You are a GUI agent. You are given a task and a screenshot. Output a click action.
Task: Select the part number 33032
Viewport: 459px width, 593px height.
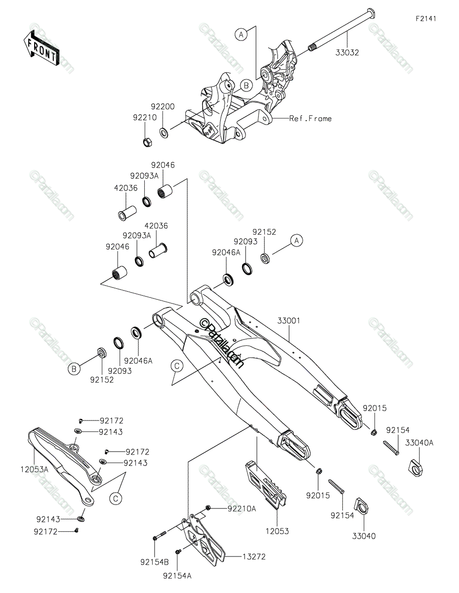coord(348,52)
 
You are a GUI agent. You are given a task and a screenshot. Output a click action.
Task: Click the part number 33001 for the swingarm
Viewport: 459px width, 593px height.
coord(289,321)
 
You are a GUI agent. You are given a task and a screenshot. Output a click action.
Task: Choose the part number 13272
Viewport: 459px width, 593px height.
coord(253,556)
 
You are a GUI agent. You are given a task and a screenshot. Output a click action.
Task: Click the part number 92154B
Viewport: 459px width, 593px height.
coord(155,562)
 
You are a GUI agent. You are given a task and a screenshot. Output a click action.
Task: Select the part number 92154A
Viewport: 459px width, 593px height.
coord(177,575)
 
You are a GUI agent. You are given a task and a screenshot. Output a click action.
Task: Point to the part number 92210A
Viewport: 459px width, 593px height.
coord(242,508)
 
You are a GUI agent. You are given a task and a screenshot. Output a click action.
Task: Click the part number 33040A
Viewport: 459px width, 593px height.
coord(419,443)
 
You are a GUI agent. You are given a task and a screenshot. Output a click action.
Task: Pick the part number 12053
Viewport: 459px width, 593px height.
coord(277,531)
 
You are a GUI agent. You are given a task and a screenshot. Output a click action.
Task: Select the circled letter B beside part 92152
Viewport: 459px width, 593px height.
coord(74,368)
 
